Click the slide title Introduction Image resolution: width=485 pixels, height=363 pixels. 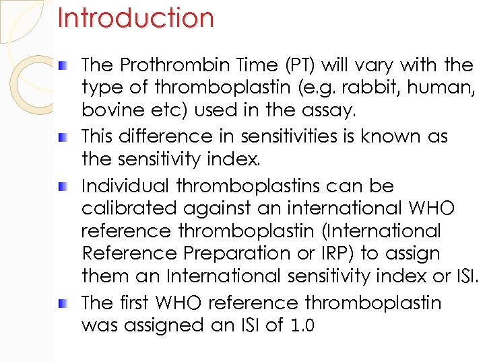(x=135, y=18)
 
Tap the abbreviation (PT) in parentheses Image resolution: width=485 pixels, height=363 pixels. (x=298, y=65)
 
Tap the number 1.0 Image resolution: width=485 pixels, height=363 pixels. (x=300, y=326)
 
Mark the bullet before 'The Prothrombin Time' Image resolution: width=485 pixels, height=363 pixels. (x=62, y=65)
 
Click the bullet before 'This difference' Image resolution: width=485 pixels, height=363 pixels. (x=62, y=136)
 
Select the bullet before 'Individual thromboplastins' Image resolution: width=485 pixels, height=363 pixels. (x=62, y=186)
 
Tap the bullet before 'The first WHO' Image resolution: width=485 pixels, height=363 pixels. (x=62, y=303)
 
